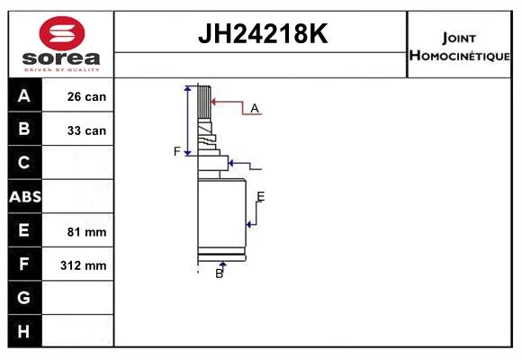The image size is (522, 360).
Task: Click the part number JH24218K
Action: (x=263, y=33)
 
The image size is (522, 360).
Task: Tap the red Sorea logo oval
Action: (x=62, y=33)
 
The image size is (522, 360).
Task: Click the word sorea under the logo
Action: (x=61, y=58)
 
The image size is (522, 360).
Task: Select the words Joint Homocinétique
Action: (x=459, y=48)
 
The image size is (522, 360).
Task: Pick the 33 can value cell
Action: (x=78, y=129)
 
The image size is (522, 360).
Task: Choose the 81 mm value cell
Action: (x=78, y=230)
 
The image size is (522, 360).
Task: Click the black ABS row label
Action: (x=25, y=196)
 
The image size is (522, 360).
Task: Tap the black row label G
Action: (x=25, y=298)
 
